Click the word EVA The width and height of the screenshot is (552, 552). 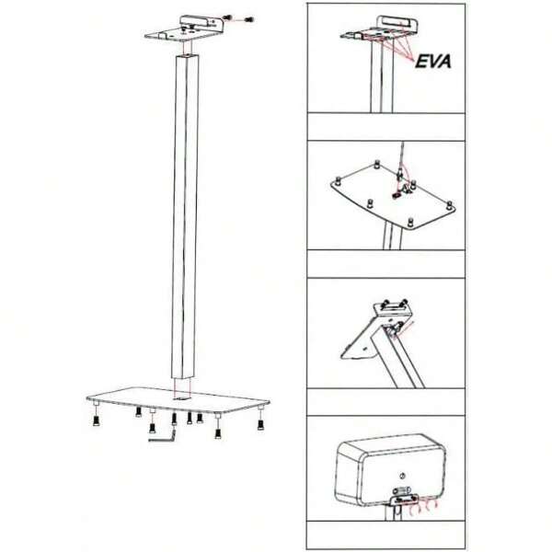[x=437, y=64]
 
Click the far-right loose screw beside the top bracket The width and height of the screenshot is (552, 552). [x=251, y=19]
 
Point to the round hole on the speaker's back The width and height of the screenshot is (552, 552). [x=401, y=476]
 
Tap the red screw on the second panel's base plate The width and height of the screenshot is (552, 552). [x=398, y=194]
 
